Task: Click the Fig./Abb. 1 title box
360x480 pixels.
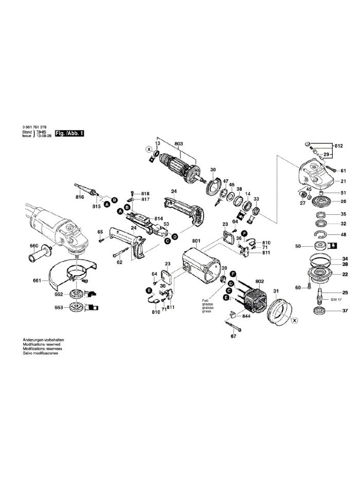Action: click(70, 133)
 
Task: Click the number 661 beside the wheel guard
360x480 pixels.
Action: click(35, 281)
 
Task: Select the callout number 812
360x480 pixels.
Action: click(338, 146)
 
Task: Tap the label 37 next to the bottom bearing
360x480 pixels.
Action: click(345, 310)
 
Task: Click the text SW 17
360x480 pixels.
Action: click(336, 300)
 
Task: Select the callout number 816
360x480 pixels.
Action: click(79, 197)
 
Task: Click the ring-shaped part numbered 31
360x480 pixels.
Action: click(278, 309)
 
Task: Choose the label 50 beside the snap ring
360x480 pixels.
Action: click(297, 246)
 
